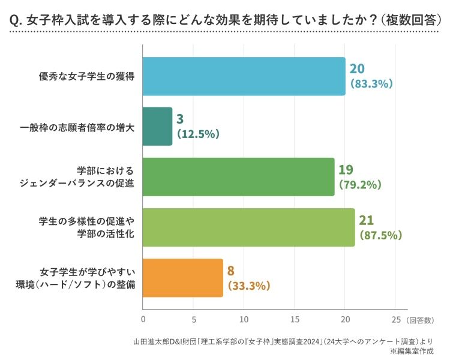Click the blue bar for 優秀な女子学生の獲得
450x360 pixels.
coord(244,76)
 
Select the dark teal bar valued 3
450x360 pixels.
coord(157,127)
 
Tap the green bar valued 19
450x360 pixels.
coord(238,177)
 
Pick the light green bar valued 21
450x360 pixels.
coord(249,227)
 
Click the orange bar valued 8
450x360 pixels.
coord(183,278)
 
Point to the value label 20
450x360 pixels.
coord(357,68)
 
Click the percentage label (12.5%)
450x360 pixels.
coord(198,134)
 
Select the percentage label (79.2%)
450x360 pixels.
coord(360,184)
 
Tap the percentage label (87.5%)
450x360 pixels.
coord(381,235)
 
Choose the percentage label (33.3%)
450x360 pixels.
coord(249,286)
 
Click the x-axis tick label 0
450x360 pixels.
coord(143,319)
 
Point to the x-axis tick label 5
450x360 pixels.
coord(194,319)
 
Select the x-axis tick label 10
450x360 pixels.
coord(244,319)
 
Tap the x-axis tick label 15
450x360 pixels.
coord(295,319)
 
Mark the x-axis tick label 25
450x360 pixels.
coord(396,319)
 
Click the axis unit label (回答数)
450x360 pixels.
coord(421,320)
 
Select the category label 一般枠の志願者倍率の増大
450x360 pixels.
coord(77,127)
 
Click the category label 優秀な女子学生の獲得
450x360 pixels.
coord(86,76)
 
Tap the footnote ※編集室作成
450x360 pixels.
coord(412,351)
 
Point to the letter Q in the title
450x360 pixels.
coord(14,20)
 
